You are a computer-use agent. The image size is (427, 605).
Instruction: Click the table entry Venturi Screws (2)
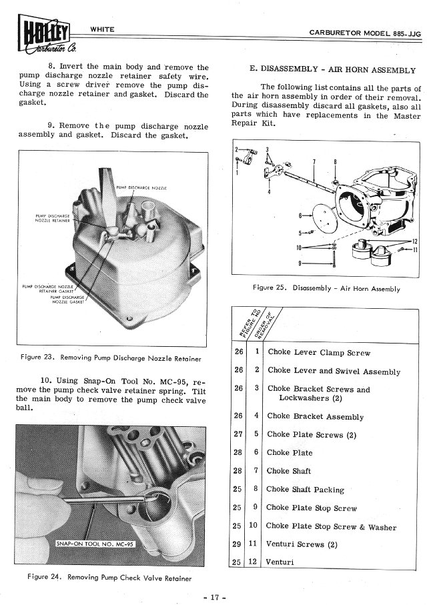click(x=302, y=544)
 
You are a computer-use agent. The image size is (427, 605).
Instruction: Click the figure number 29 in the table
click(x=238, y=544)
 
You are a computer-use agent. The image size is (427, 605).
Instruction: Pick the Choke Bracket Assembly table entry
click(x=316, y=417)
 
